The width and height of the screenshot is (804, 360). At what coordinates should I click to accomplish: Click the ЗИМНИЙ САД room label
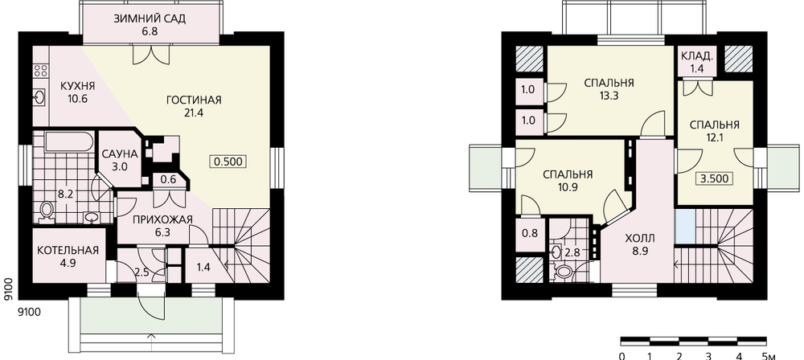tap(150, 19)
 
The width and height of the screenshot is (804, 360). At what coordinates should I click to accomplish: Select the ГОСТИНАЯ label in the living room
tap(193, 100)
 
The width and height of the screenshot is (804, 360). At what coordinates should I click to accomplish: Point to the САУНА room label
tap(120, 153)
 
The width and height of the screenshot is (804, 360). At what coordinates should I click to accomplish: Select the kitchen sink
tap(41, 96)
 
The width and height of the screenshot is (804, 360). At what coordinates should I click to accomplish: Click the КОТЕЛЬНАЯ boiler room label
tap(68, 251)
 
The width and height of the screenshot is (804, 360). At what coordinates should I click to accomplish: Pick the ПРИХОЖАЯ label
tap(162, 220)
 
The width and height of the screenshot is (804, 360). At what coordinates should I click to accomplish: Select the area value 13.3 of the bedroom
tap(609, 95)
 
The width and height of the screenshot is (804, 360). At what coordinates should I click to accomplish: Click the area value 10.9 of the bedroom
tap(568, 186)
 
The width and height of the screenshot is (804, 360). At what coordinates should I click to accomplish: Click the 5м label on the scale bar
tap(767, 356)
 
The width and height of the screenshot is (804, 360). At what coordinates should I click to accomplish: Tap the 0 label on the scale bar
tap(621, 356)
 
